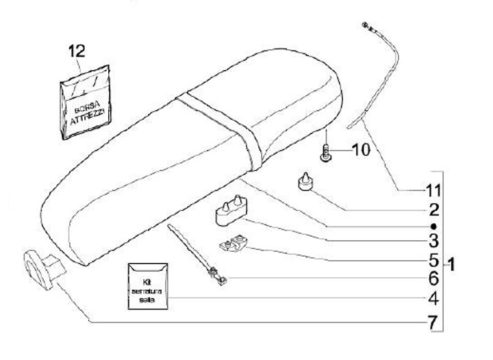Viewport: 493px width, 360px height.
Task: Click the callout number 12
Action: pos(78,51)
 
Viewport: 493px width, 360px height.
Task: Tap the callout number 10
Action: pos(360,148)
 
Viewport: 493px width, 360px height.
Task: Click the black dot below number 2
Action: pos(433,225)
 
